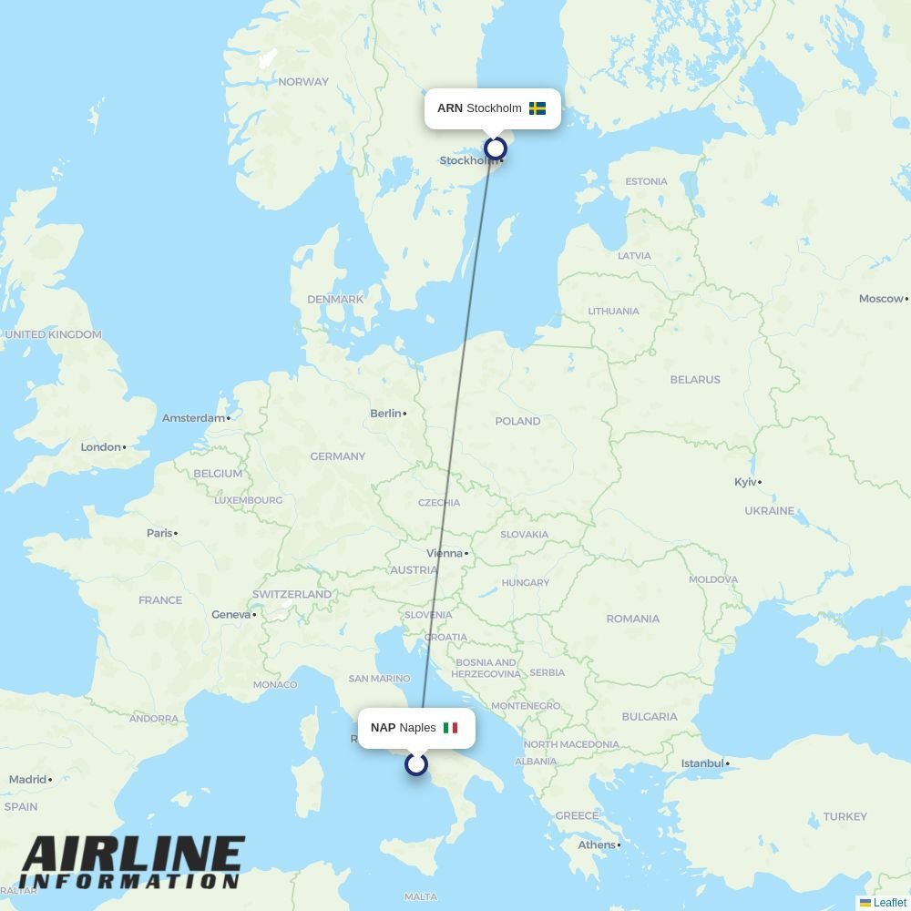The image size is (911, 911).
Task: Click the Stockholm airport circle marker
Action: [496, 148]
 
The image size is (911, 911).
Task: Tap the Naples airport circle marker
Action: [416, 764]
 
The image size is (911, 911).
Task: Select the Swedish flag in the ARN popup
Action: [537, 108]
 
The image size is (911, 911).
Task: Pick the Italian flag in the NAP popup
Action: [450, 728]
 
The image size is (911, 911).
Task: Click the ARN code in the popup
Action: [449, 108]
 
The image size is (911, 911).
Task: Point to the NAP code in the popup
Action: [383, 728]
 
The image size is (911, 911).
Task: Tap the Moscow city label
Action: [881, 299]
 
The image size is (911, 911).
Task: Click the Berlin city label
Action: [386, 414]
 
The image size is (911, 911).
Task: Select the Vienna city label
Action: [445, 553]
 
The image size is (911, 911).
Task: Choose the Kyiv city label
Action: [745, 482]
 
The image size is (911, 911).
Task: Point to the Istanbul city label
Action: [702, 763]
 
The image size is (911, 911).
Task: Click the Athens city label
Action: [597, 844]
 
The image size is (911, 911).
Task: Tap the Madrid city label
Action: [27, 780]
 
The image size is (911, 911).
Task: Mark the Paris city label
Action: [159, 533]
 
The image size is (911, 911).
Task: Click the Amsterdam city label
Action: [193, 418]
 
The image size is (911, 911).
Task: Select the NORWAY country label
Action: [303, 82]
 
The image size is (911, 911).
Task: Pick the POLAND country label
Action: [517, 422]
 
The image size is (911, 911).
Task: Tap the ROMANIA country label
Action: [632, 619]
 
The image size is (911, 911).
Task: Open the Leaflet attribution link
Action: [889, 903]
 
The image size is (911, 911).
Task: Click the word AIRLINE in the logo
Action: [133, 856]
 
